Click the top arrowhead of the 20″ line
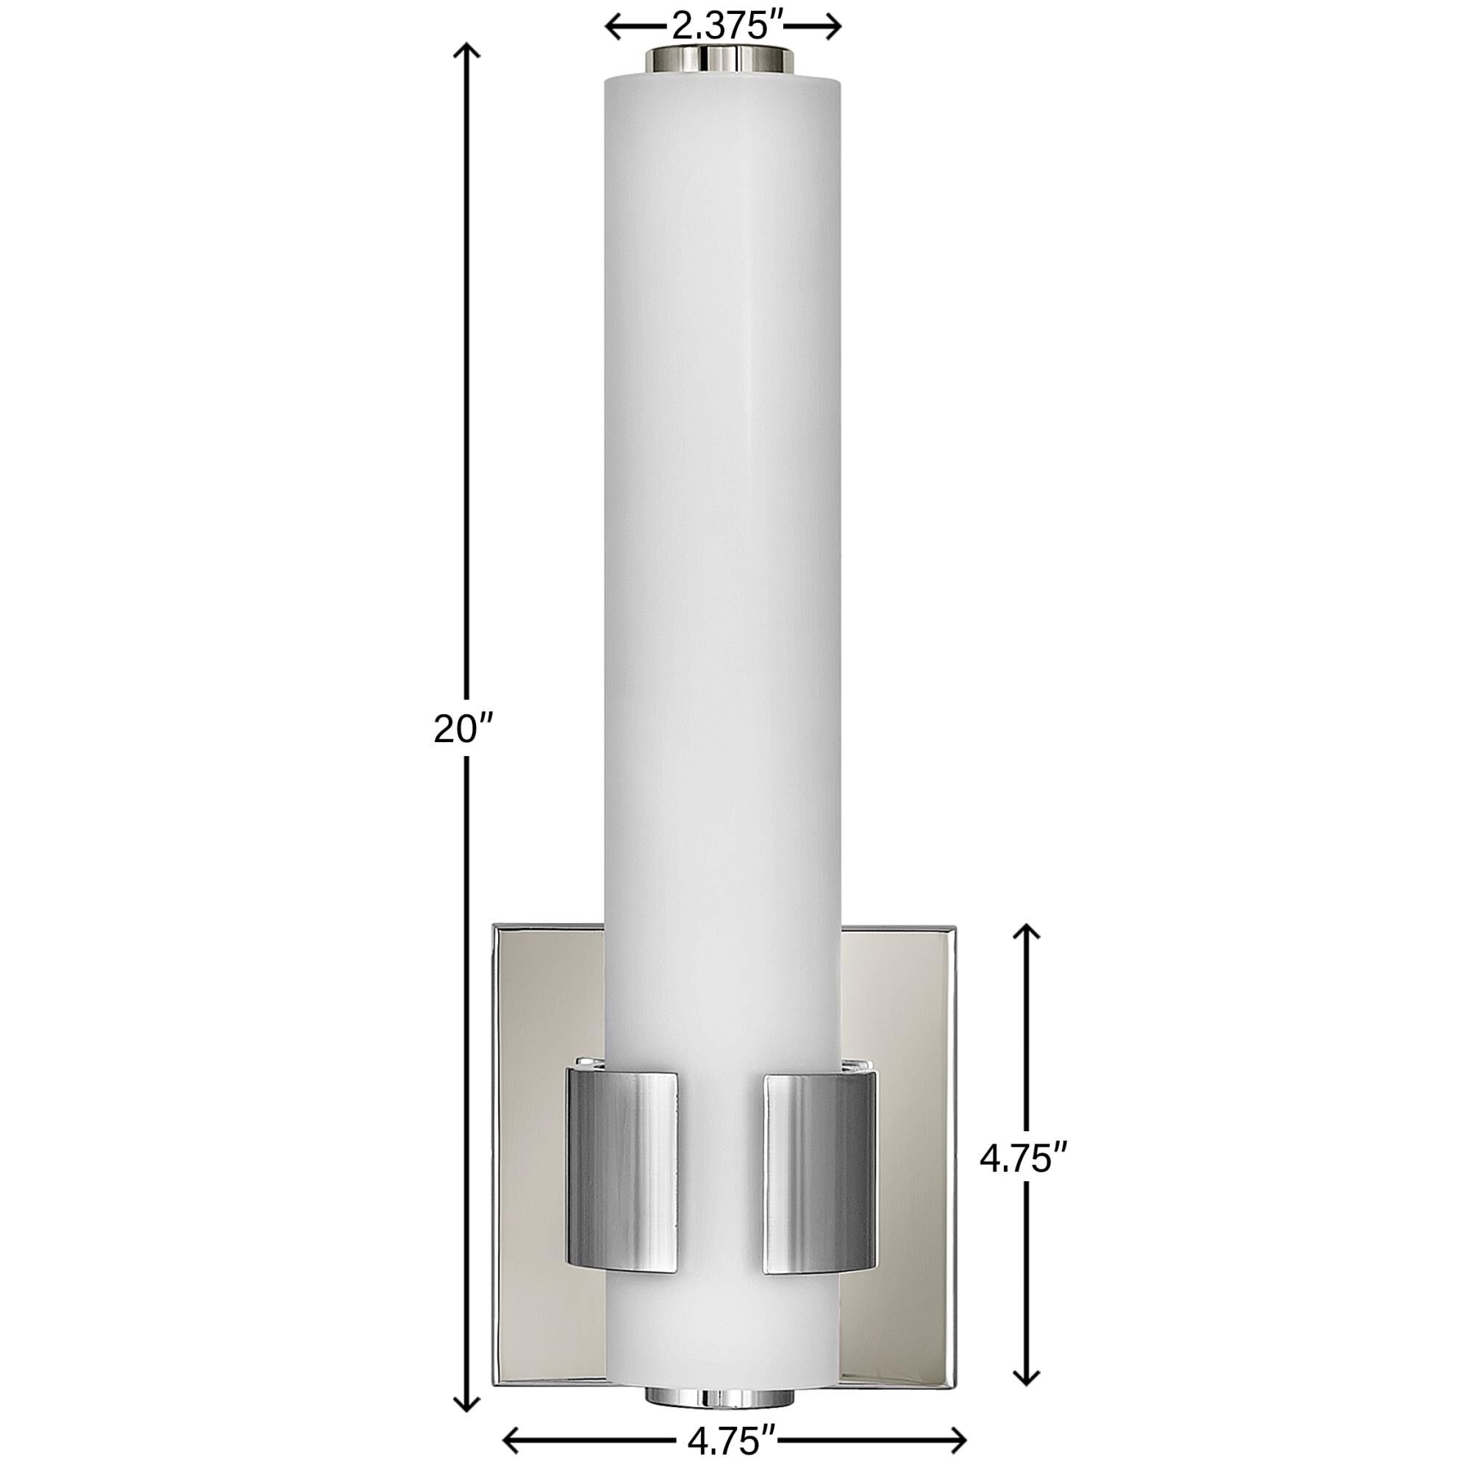coord(467,50)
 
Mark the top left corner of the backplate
coord(495,926)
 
